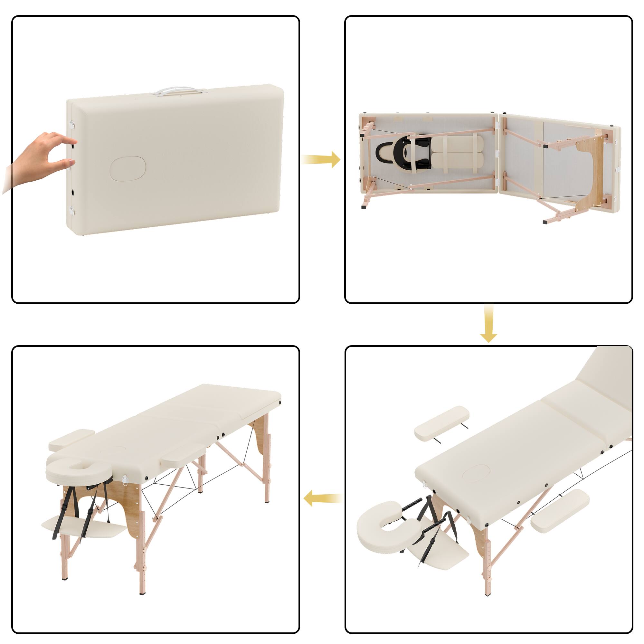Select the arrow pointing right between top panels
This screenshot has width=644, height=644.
pos(321,159)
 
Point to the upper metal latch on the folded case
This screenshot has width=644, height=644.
pos(72,125)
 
